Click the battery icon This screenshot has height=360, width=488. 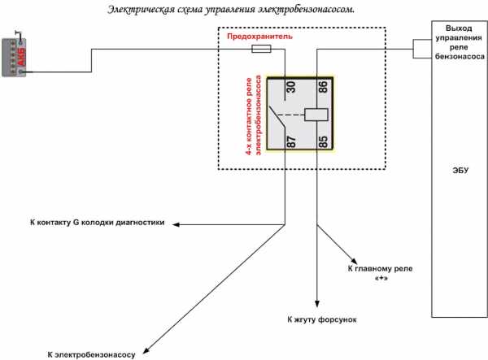point(15,56)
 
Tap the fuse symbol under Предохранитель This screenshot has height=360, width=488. point(262,49)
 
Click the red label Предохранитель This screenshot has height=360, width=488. point(259,37)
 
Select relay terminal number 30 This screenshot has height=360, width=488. point(289,87)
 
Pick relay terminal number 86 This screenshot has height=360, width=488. point(323,87)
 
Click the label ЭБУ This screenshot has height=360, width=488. point(460,171)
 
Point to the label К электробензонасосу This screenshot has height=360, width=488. point(96,352)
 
